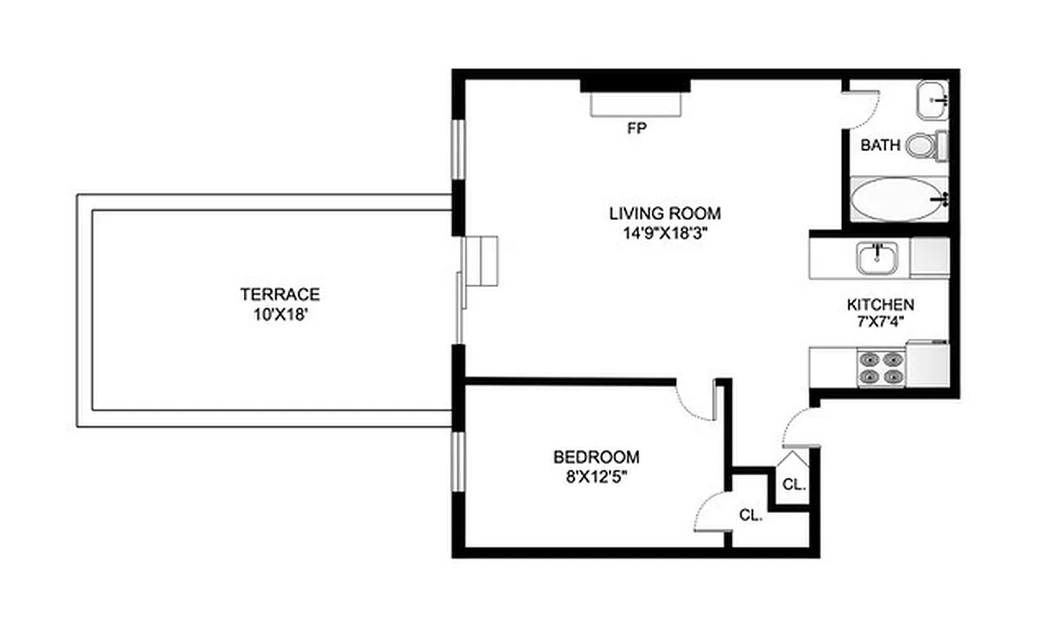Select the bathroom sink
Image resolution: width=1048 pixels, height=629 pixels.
[933, 100]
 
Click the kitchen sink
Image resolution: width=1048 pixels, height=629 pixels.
[879, 258]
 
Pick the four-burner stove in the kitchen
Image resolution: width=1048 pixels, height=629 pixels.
[880, 368]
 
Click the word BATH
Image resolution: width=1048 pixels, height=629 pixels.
[881, 145]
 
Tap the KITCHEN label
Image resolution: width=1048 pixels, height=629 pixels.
[880, 304]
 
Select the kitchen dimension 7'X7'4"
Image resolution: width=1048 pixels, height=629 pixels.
[880, 322]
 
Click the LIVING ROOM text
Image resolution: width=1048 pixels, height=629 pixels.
[664, 213]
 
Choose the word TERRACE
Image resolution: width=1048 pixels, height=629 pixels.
[280, 295]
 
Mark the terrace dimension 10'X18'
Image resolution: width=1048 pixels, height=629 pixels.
[280, 314]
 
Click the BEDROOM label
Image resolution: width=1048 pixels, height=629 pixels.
[596, 457]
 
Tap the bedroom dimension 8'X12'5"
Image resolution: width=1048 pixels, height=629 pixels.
[596, 476]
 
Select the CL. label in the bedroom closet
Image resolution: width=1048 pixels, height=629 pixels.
[752, 516]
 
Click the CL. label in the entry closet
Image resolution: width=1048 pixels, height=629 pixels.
[794, 485]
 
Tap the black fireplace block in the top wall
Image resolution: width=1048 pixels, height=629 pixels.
[635, 83]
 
